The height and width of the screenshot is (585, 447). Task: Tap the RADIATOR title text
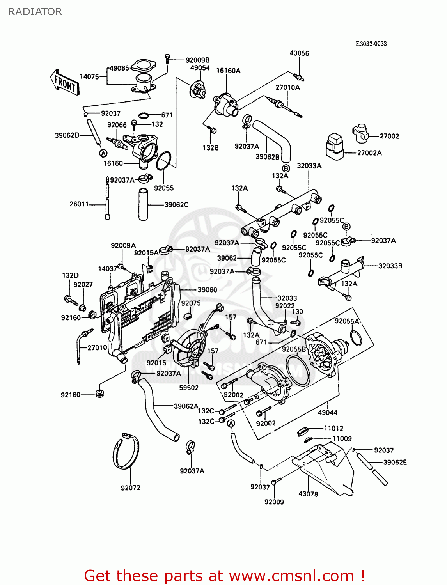click(x=35, y=12)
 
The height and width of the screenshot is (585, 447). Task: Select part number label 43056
click(x=299, y=53)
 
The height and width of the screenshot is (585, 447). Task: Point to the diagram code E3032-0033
click(x=371, y=44)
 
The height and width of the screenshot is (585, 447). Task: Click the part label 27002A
click(x=369, y=153)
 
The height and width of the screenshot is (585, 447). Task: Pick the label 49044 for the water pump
click(x=327, y=412)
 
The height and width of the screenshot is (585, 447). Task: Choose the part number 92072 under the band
click(x=130, y=487)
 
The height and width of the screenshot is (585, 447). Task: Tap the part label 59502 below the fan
click(x=189, y=388)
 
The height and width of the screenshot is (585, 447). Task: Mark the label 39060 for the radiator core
click(x=207, y=290)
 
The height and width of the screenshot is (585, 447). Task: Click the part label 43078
click(x=308, y=494)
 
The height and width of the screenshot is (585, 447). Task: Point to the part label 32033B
click(x=390, y=266)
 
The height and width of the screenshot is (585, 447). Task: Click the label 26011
click(x=79, y=204)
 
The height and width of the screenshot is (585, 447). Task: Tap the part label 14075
click(x=89, y=76)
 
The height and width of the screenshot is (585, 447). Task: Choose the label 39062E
click(x=395, y=462)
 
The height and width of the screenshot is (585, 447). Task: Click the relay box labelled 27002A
click(x=334, y=146)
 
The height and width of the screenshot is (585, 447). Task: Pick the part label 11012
click(x=333, y=428)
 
